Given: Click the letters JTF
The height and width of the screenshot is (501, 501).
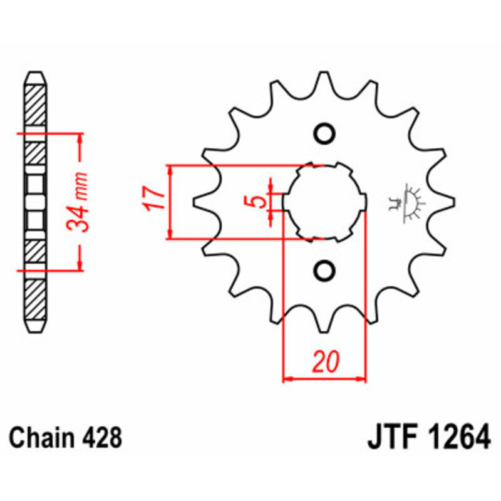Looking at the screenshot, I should pos(389,437).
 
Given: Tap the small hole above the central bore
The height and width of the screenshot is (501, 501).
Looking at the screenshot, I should pos(324,133).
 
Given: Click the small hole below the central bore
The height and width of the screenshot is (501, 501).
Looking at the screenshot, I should pos(324,271).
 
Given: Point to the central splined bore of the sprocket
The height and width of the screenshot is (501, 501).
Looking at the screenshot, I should pos(324,202).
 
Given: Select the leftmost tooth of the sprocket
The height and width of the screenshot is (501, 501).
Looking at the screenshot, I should pos(202,202).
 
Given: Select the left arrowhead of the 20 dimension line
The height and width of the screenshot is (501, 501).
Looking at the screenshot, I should pos(288,378).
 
